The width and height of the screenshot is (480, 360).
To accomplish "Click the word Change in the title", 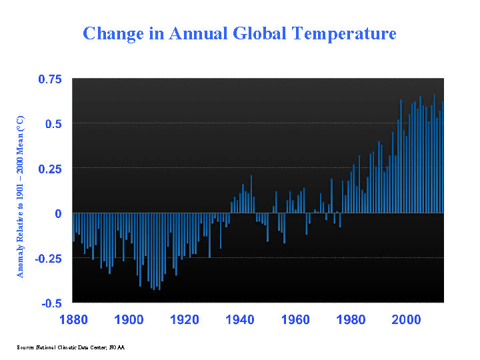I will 109,33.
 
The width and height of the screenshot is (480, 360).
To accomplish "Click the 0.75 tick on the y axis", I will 48,79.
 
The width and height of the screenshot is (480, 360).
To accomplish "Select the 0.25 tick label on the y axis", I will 48,169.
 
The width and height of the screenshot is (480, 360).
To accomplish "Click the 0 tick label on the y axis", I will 58,213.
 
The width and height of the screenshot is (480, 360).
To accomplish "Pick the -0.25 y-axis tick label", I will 46,258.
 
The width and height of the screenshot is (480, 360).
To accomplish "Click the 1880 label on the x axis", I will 73,319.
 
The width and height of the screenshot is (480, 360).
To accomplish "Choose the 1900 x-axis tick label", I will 129,319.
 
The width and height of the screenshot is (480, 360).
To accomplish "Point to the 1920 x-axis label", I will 185,319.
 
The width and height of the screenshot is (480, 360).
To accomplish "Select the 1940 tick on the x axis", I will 240,319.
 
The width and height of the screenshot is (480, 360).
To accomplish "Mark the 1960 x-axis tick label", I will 295,319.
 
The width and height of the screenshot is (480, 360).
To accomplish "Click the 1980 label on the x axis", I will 351,319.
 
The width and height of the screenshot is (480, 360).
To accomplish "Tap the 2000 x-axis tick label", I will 406,319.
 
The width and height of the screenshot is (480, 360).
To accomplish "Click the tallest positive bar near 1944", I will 251,194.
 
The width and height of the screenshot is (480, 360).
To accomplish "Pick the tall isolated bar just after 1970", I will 331,196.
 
